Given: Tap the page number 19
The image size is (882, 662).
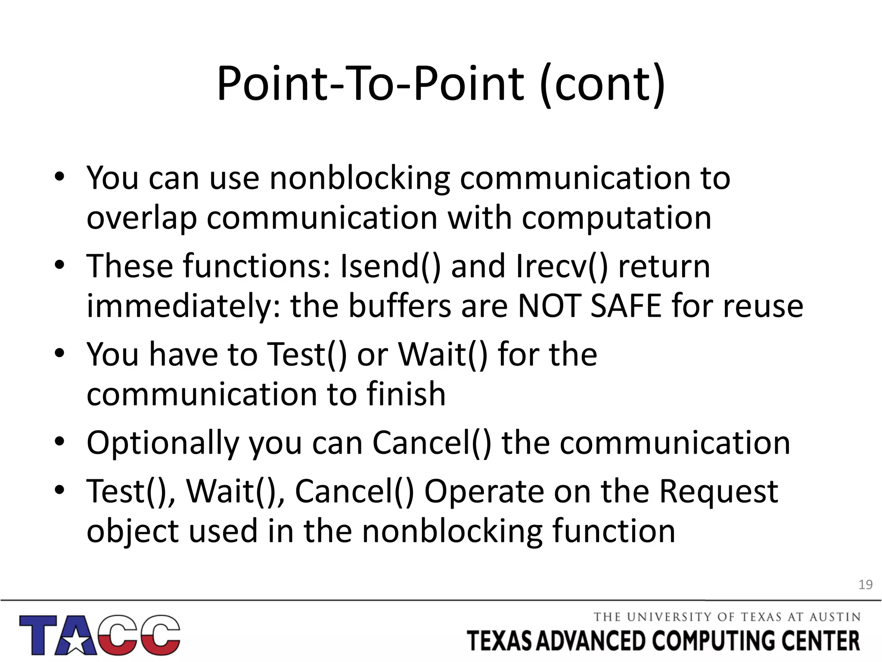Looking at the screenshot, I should (x=865, y=585).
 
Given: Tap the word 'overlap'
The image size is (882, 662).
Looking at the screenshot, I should (x=141, y=218).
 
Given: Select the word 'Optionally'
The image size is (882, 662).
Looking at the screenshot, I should (x=162, y=443).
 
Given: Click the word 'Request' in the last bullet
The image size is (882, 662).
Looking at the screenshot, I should (x=718, y=491).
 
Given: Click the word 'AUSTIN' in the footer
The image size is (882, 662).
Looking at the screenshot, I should (x=835, y=617).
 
